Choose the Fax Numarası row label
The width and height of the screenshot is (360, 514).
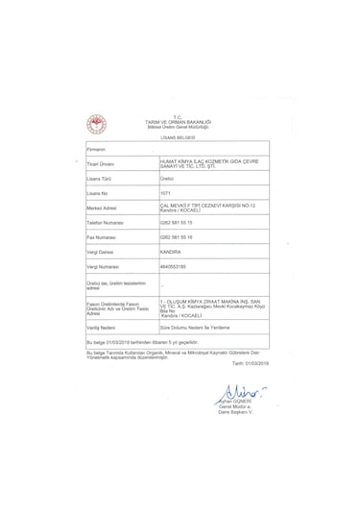click(102, 235)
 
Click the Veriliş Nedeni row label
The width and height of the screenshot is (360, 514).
click(103, 327)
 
